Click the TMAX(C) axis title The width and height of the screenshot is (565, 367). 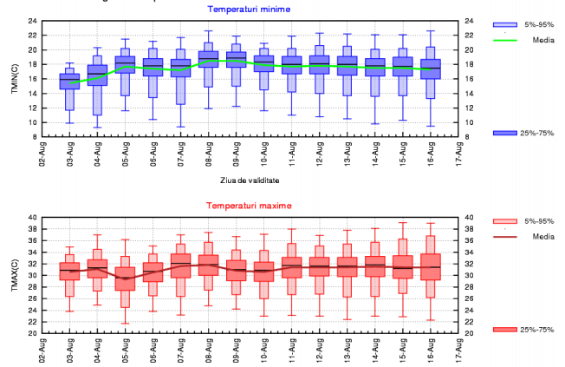(11, 275)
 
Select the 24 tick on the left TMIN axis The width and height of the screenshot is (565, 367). (32, 21)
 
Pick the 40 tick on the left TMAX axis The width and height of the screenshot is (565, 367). (32, 218)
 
